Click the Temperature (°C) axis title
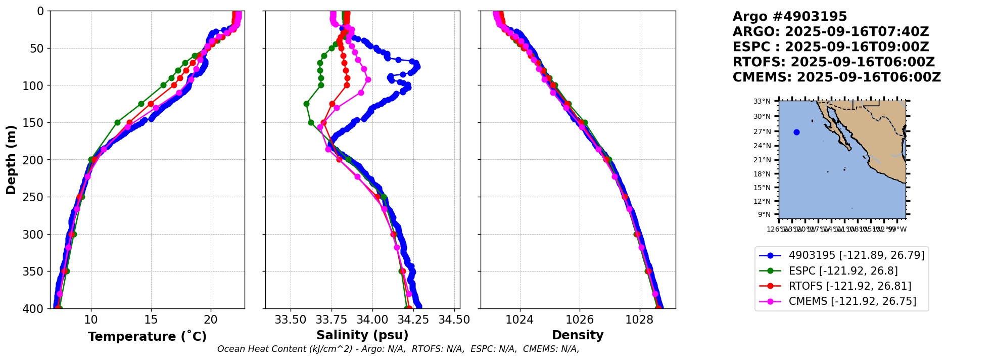147,337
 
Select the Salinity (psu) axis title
362,335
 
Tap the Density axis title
578,335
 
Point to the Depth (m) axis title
11,160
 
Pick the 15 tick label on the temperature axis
151,320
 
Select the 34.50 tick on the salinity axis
454,320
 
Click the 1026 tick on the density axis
579,320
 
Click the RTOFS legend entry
849,286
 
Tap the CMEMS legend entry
852,301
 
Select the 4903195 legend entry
856,255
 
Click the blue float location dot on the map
796,132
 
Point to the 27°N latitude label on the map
762,131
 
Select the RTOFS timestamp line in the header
833,62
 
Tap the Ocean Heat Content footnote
398,349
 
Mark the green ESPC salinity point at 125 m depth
306,104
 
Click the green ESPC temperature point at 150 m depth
117,122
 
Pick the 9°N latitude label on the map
764,215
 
